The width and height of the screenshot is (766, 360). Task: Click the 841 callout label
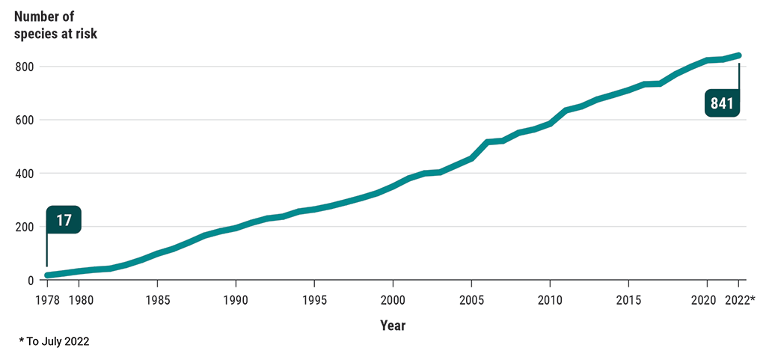[722, 103]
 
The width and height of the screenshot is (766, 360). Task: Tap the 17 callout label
[64, 220]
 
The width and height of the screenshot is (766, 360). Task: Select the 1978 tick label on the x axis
[47, 300]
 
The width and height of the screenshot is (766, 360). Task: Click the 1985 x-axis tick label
[157, 300]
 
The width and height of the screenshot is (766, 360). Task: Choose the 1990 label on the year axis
[236, 300]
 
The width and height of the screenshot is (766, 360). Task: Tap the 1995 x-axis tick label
[314, 300]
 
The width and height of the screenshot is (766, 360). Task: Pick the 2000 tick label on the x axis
[393, 300]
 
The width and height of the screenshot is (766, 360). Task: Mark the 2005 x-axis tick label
[471, 300]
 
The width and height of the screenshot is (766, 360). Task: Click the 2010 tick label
[550, 300]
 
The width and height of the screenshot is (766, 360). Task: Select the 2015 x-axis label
[628, 300]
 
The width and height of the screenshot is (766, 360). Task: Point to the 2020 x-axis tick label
[703, 300]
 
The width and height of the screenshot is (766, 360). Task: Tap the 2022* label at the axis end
[741, 300]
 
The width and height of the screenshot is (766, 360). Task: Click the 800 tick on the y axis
[25, 67]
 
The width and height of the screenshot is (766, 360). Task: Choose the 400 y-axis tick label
[25, 174]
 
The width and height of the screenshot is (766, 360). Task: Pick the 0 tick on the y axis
[31, 280]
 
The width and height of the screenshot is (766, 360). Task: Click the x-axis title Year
[393, 326]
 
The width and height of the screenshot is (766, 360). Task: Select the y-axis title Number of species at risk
[55, 24]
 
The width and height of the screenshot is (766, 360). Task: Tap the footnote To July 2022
[54, 341]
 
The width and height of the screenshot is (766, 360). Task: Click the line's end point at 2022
[738, 55]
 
